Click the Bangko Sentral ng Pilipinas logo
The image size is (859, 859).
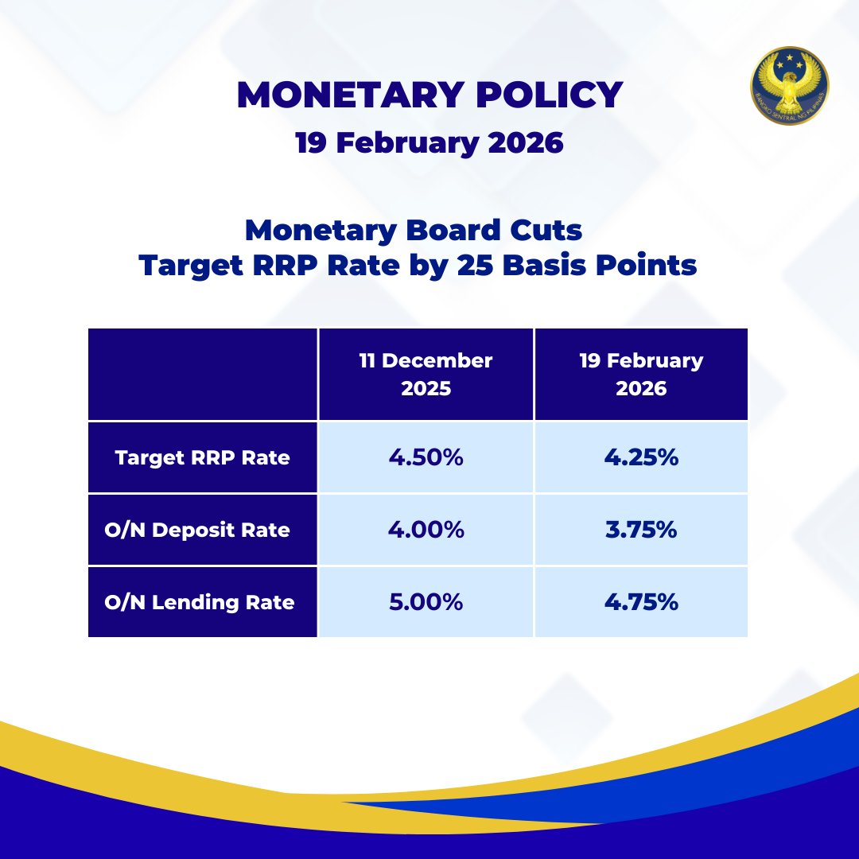tap(789, 86)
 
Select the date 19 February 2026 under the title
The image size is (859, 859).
tap(429, 143)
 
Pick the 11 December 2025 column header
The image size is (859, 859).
tap(426, 374)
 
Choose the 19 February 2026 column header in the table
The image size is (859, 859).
tap(641, 374)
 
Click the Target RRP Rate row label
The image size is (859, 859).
tap(202, 458)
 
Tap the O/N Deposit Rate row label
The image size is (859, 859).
tap(197, 530)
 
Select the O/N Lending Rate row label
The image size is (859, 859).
tap(200, 602)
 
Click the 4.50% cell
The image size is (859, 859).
tap(426, 458)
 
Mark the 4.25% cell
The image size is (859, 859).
tap(641, 458)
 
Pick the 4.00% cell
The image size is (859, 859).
tap(426, 530)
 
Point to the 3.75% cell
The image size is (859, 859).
tap(641, 530)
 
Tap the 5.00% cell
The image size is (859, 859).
tap(426, 602)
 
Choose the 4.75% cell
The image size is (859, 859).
tap(641, 602)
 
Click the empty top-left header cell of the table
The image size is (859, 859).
tap(202, 374)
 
